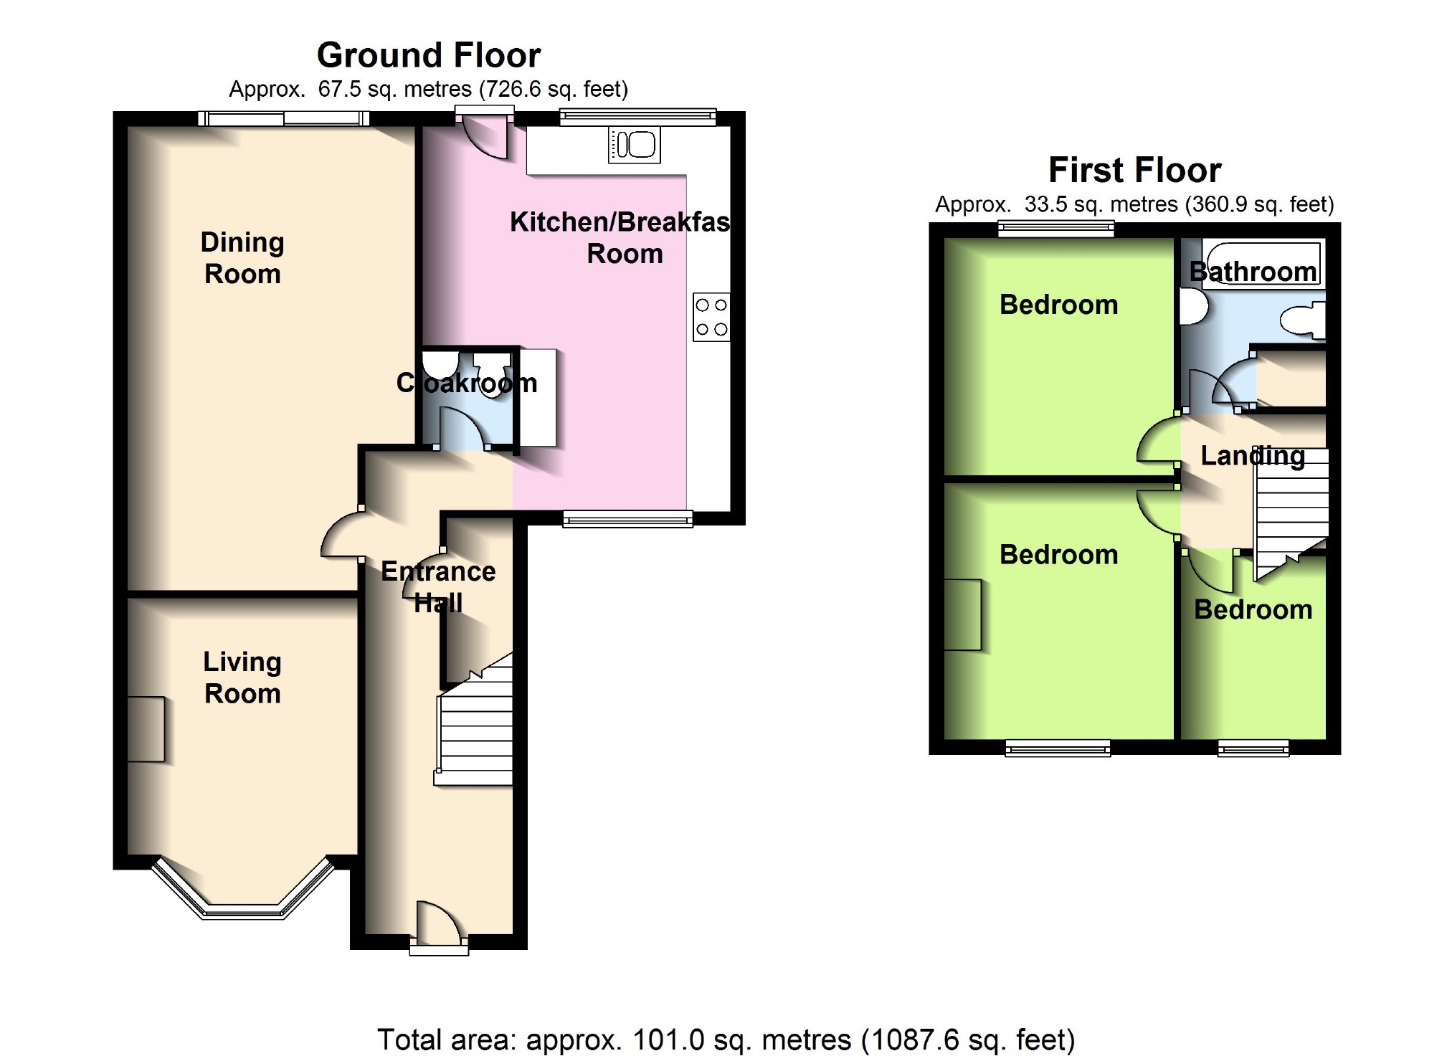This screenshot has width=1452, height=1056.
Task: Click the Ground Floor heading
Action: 429,55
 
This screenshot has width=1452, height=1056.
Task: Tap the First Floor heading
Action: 1134,171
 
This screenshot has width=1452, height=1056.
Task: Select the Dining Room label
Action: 242,258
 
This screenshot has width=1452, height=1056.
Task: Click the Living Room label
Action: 242,677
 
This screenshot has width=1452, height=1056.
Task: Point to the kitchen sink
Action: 635,146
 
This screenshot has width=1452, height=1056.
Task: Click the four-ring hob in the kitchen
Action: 711,317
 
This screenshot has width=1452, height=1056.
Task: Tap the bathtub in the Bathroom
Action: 1262,264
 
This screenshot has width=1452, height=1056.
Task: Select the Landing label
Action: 1253,456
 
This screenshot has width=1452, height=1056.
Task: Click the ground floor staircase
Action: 475,720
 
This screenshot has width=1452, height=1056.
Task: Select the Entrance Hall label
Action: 438,587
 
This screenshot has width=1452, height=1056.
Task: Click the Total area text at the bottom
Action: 726,1039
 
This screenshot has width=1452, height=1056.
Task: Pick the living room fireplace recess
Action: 146,729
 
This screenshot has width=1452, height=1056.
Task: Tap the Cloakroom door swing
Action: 463,427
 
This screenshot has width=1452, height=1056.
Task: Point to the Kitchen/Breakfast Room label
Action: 620,238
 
